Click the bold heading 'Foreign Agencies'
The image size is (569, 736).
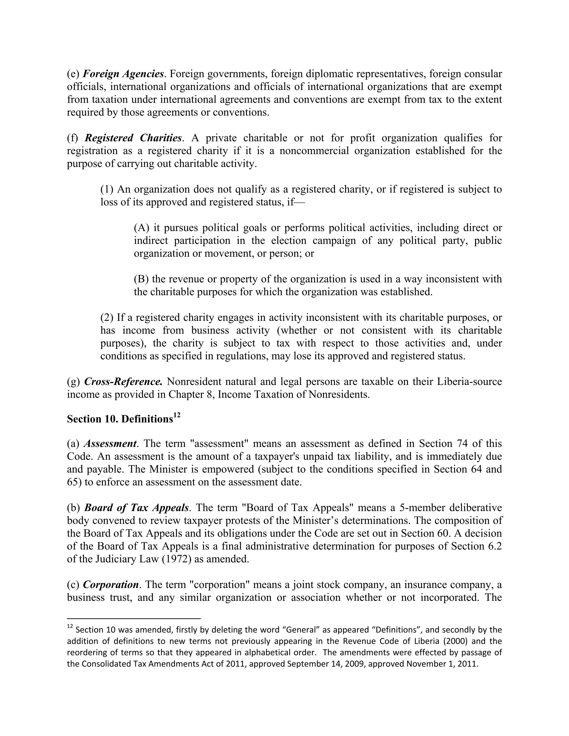pos(123,74)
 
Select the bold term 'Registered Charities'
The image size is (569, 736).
pos(133,138)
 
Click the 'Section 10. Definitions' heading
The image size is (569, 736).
pos(120,419)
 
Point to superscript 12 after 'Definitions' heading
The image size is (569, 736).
pos(177,415)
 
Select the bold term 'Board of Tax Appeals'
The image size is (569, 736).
pos(136,507)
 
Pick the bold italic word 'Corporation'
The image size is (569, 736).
pos(111,584)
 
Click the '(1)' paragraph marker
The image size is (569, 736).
pos(107,189)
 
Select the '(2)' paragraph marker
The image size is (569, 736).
pos(107,317)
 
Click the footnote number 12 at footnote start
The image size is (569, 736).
pos(70,627)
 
